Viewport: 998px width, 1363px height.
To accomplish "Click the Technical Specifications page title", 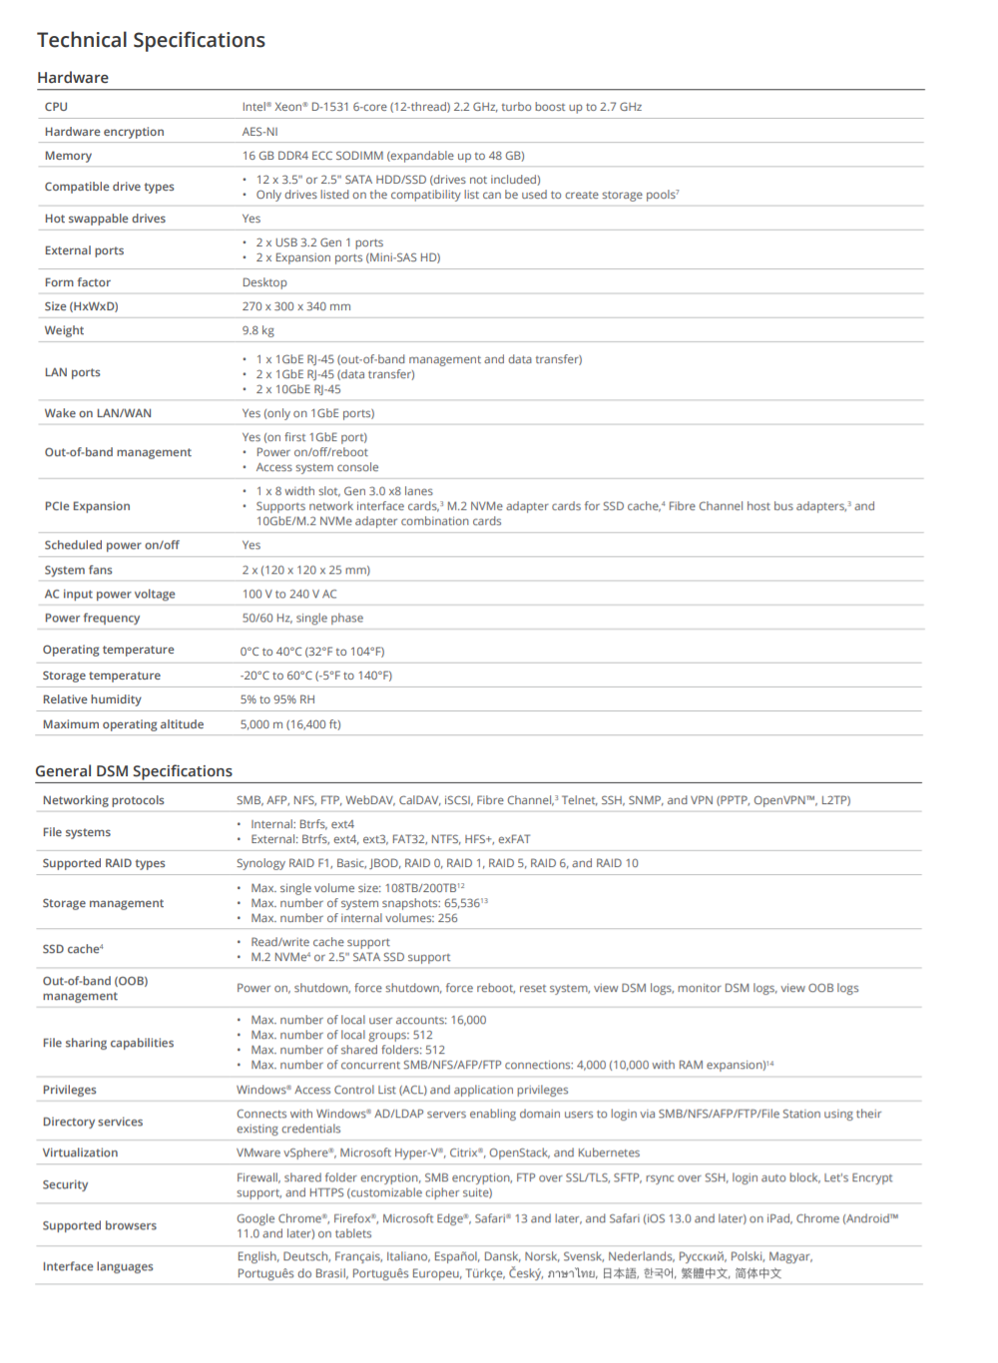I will click(151, 40).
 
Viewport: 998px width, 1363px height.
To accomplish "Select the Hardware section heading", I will click(73, 78).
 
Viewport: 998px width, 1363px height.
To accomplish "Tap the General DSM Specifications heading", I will click(134, 771).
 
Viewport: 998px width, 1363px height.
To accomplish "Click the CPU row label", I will click(56, 107).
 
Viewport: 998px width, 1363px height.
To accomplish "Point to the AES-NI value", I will click(259, 132).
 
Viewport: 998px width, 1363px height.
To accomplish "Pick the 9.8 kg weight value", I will click(257, 330).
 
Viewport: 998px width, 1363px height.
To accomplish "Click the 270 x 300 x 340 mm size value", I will click(296, 306).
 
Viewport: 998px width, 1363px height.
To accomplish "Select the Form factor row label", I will click(78, 282).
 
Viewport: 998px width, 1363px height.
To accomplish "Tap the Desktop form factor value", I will click(264, 282).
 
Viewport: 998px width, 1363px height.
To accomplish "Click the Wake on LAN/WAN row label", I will click(98, 413).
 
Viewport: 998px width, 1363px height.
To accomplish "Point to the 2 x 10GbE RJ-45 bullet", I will click(297, 389).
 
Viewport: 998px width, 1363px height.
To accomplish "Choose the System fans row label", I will click(78, 570).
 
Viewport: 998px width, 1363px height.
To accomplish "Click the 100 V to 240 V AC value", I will click(289, 594).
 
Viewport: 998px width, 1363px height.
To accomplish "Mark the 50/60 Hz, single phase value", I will click(302, 618).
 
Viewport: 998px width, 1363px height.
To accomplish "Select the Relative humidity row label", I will click(92, 699).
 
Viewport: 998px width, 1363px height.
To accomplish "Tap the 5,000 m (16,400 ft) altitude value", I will click(290, 724).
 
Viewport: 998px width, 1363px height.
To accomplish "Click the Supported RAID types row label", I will click(104, 863).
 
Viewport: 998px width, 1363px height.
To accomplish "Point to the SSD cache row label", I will click(73, 949).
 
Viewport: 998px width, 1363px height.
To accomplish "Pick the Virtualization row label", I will click(80, 1152).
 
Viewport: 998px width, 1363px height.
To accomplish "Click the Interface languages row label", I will click(98, 1266).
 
